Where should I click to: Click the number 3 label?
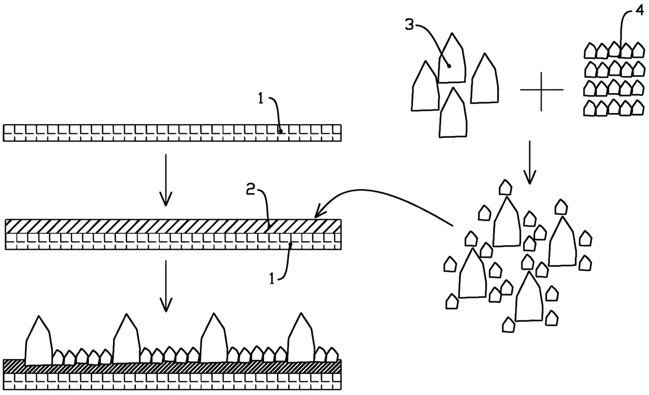[409, 25]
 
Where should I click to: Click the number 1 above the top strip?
[261, 99]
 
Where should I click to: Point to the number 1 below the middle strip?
[271, 279]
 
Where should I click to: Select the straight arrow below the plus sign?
[530, 163]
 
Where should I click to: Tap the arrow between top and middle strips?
[166, 180]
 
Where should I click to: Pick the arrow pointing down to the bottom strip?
[166, 286]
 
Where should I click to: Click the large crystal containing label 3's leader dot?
[452, 58]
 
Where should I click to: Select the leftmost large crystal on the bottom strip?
[39, 341]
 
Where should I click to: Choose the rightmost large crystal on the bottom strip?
[301, 338]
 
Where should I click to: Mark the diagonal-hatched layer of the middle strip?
[173, 226]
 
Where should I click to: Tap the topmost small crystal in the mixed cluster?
[505, 187]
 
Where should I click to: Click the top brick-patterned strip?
[172, 133]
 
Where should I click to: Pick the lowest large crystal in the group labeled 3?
[453, 112]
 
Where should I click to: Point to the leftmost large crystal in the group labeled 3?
[426, 86]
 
